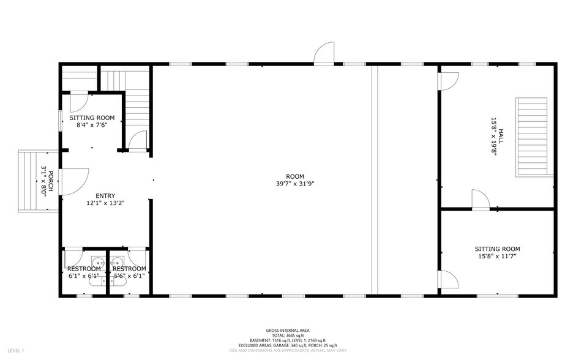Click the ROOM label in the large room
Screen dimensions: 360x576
(295, 177)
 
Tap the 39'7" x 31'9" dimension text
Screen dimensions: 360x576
(295, 184)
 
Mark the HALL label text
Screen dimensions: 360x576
(500, 136)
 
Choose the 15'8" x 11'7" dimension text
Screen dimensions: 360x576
(497, 256)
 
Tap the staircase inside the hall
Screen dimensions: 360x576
(531, 135)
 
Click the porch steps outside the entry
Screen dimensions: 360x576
(31, 181)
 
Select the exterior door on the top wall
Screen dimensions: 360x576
(324, 54)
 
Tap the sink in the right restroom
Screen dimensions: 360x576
(117, 264)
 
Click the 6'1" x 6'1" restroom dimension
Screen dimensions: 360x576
(83, 276)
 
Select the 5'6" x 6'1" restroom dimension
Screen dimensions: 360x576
(129, 276)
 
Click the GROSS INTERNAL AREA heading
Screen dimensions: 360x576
(288, 329)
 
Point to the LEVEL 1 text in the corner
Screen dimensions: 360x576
(14, 351)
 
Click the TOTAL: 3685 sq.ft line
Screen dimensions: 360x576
(288, 335)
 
